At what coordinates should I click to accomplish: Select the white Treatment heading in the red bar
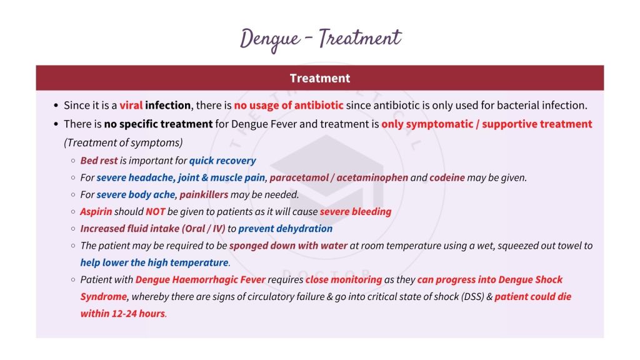pyautogui.click(x=319, y=78)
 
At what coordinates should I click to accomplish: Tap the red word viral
pyautogui.click(x=131, y=105)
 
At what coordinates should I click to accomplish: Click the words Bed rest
pyautogui.click(x=99, y=161)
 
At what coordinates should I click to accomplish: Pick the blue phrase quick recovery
pyautogui.click(x=222, y=161)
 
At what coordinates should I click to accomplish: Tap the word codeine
pyautogui.click(x=447, y=177)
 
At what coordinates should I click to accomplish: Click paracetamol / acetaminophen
pyautogui.click(x=339, y=177)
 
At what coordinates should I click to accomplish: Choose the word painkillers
pyautogui.click(x=204, y=194)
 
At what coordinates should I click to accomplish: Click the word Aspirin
pyautogui.click(x=96, y=211)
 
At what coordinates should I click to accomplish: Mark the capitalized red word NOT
pyautogui.click(x=156, y=211)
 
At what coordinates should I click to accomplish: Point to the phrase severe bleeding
pyautogui.click(x=356, y=211)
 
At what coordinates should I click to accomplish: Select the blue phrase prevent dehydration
pyautogui.click(x=285, y=229)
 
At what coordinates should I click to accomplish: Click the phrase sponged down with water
pyautogui.click(x=288, y=246)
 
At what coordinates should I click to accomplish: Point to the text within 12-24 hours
pyautogui.click(x=123, y=314)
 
